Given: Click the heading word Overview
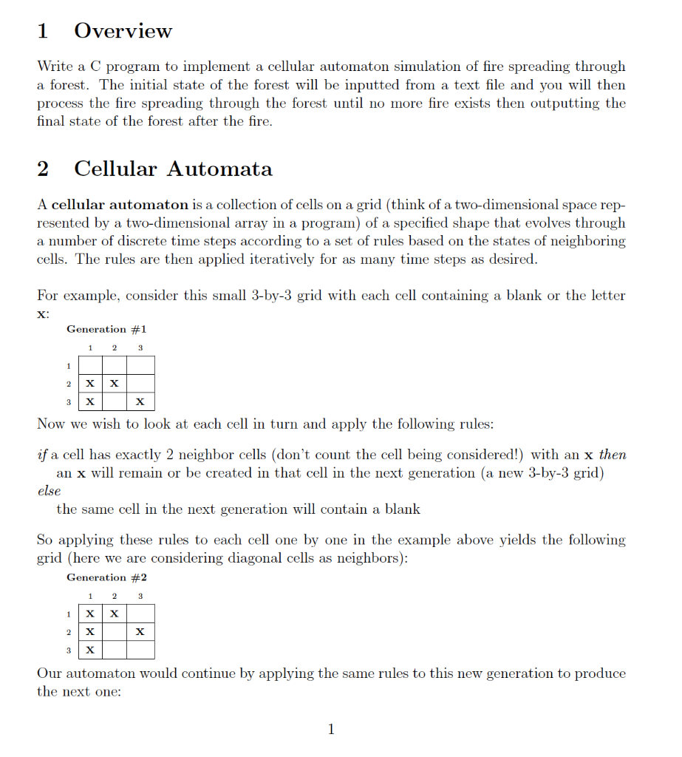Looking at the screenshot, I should click(x=123, y=31).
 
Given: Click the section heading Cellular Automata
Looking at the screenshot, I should click(x=173, y=169).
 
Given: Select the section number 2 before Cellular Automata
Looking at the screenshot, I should click(x=43, y=169).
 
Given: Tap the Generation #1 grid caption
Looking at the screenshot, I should click(x=106, y=329).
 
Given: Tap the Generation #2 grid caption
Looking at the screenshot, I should click(x=106, y=577).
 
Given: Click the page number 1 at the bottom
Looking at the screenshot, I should click(x=331, y=730).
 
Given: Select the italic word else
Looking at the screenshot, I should click(x=49, y=491).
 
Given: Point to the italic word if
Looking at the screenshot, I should click(x=41, y=455).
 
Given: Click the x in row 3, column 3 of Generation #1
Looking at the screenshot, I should click(x=140, y=402).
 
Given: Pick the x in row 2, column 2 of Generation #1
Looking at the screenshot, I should click(x=115, y=384).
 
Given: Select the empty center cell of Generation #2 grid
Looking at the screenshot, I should click(x=115, y=632).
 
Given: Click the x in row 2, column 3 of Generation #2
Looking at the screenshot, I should click(x=140, y=632).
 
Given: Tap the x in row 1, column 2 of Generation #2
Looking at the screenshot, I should click(x=115, y=614).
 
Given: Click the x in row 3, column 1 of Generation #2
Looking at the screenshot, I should click(x=89, y=651).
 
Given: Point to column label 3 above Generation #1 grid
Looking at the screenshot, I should click(x=140, y=347).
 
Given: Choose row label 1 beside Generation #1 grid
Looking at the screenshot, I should click(x=68, y=365).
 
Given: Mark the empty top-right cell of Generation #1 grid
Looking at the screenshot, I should click(x=140, y=365).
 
